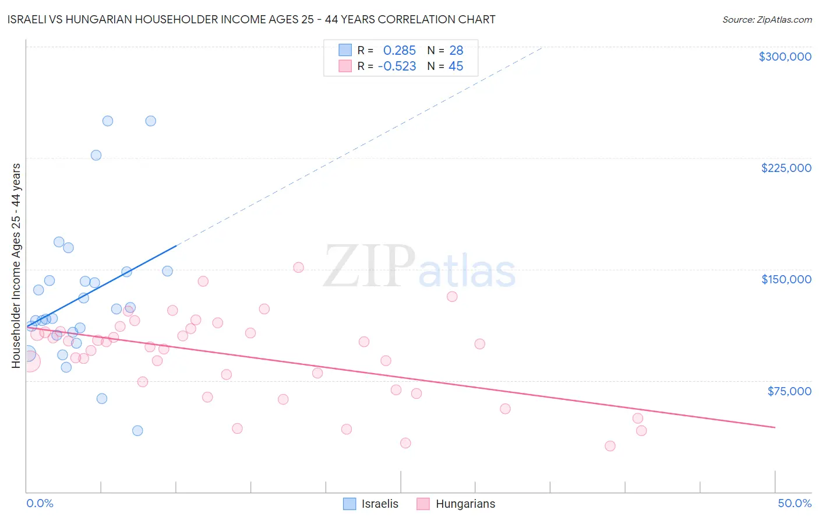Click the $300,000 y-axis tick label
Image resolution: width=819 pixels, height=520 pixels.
point(785,57)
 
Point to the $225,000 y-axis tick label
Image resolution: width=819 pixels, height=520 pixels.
point(786,168)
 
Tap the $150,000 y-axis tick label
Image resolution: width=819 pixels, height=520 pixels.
point(786,279)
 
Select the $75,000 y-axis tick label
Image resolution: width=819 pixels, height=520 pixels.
point(789,391)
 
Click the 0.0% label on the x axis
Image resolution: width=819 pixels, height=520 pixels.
point(40,503)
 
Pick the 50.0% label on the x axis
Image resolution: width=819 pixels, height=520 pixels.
point(794,503)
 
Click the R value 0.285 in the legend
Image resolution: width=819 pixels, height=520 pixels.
point(399,51)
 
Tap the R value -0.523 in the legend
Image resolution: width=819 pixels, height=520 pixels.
point(397,66)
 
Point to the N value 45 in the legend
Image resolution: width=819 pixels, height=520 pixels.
point(456,66)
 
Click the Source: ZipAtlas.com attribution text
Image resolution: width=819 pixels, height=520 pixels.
point(767,19)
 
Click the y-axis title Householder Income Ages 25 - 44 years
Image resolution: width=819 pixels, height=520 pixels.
point(16,266)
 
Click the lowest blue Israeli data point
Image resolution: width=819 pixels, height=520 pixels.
point(137,431)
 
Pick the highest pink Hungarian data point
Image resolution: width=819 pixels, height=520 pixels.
point(298,268)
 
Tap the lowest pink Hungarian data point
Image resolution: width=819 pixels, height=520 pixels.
point(610,446)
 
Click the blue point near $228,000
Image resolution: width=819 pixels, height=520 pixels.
point(96,155)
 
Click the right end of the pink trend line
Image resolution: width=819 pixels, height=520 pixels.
point(775,427)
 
